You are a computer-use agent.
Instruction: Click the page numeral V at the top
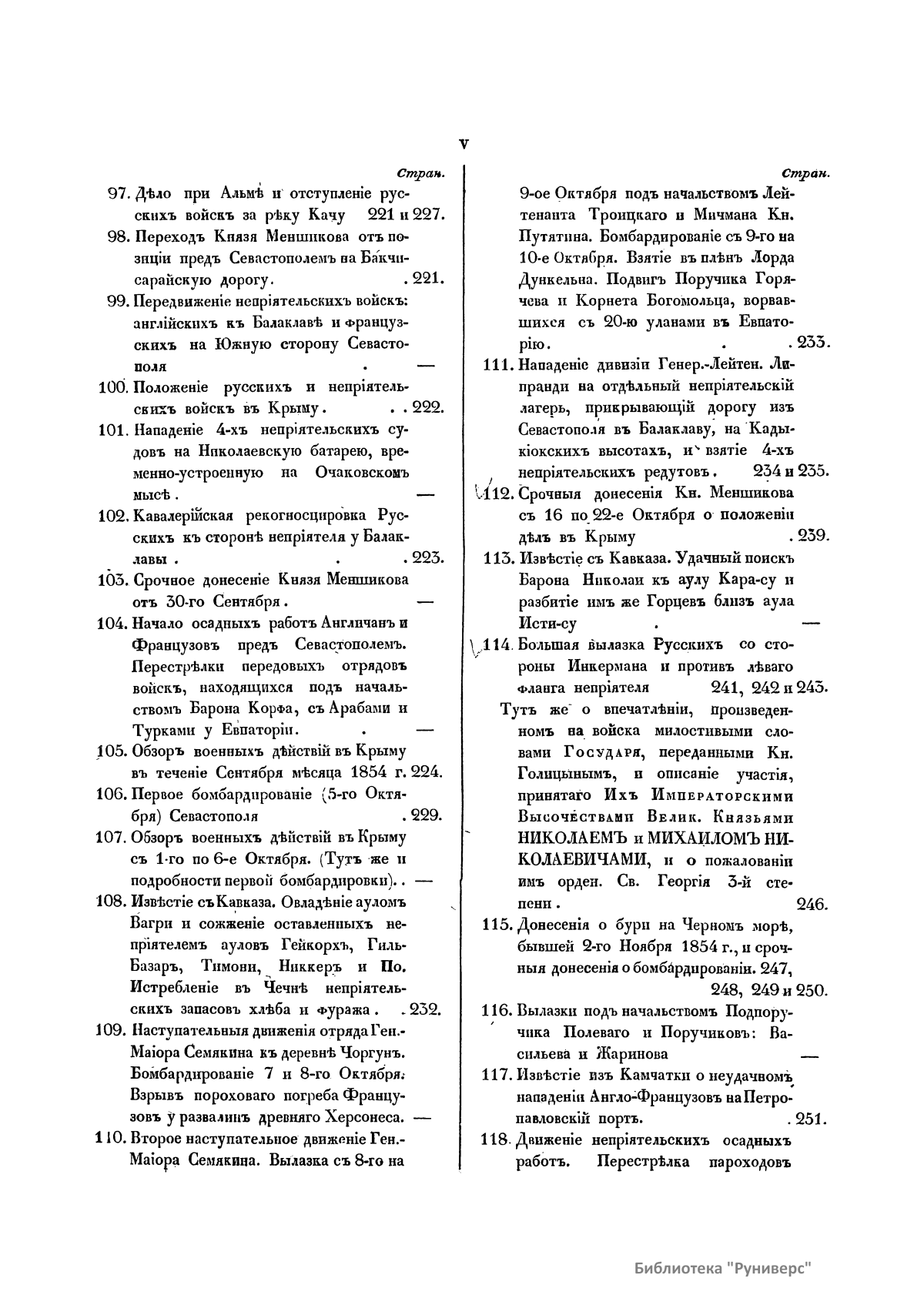point(464,143)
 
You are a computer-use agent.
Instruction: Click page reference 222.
point(427,408)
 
